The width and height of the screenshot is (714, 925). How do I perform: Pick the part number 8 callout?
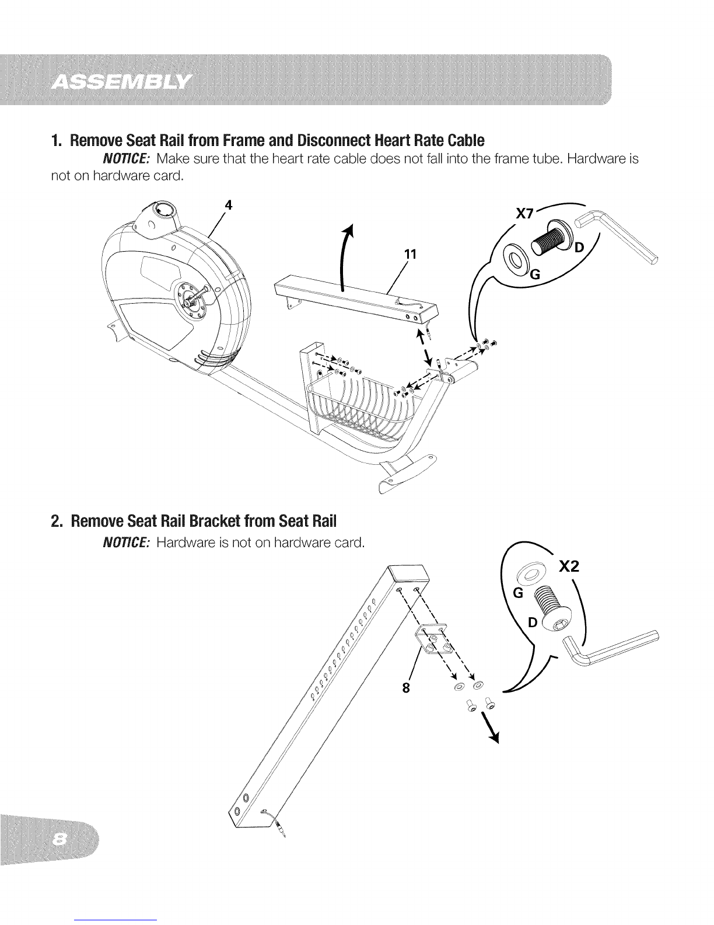pos(406,688)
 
